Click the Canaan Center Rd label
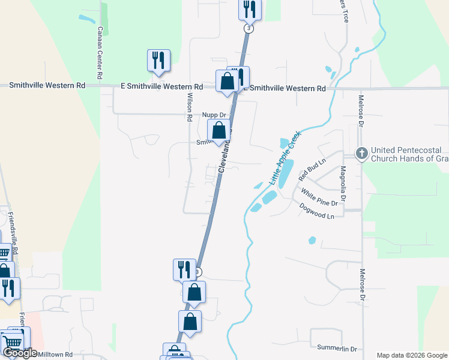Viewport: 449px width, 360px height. [101, 55]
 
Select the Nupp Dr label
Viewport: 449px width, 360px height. [214, 115]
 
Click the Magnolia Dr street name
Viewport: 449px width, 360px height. [343, 184]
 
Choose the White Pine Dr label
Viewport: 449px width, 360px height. [319, 198]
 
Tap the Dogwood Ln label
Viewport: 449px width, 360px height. [316, 211]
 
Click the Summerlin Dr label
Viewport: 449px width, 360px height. [337, 349]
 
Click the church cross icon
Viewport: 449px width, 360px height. [361, 154]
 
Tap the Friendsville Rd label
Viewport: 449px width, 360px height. [15, 234]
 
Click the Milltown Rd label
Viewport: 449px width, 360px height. [55, 355]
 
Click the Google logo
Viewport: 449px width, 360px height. [19, 353]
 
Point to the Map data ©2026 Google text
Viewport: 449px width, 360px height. [411, 355]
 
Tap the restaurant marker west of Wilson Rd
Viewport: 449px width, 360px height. [158, 61]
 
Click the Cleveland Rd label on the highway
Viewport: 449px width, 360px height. [226, 156]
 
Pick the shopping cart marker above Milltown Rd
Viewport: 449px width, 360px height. [13, 343]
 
